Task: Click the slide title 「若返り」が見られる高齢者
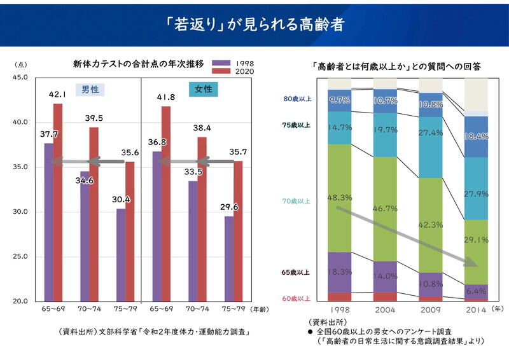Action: [254, 24]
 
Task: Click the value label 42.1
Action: [58, 94]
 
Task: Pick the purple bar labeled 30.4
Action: [120, 254]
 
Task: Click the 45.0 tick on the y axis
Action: [20, 77]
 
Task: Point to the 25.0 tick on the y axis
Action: [20, 256]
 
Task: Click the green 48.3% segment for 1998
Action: [339, 198]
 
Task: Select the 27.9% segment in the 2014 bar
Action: [477, 188]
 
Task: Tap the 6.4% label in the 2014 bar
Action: [477, 291]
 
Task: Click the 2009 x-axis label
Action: [431, 309]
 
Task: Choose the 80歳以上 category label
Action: [297, 99]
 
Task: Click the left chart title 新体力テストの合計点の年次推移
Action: [138, 64]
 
